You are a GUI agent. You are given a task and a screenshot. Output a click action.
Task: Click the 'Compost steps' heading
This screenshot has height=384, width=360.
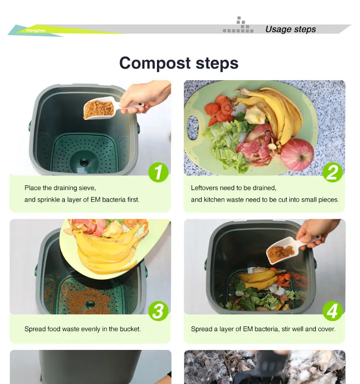[179, 63]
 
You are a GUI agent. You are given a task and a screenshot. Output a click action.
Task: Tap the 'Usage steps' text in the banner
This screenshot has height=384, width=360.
[290, 29]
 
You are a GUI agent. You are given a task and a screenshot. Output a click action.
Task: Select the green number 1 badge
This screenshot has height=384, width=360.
[158, 172]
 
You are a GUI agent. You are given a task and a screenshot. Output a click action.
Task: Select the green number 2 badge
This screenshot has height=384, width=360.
[332, 172]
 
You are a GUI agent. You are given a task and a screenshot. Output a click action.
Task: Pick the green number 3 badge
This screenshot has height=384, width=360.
[158, 311]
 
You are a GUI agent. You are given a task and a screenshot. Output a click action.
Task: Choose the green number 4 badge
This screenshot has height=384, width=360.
[332, 311]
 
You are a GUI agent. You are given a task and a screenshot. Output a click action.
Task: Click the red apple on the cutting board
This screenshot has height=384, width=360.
[297, 155]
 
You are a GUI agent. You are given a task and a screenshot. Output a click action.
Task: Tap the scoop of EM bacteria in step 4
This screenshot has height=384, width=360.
[280, 252]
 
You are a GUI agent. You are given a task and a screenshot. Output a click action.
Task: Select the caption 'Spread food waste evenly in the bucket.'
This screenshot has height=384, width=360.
[83, 329]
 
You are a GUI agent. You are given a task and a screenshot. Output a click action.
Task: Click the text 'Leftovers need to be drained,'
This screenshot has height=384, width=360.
[233, 188]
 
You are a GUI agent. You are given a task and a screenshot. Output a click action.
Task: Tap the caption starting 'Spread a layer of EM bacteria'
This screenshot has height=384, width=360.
[263, 329]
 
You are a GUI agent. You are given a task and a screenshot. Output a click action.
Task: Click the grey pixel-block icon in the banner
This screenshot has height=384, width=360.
[239, 26]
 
